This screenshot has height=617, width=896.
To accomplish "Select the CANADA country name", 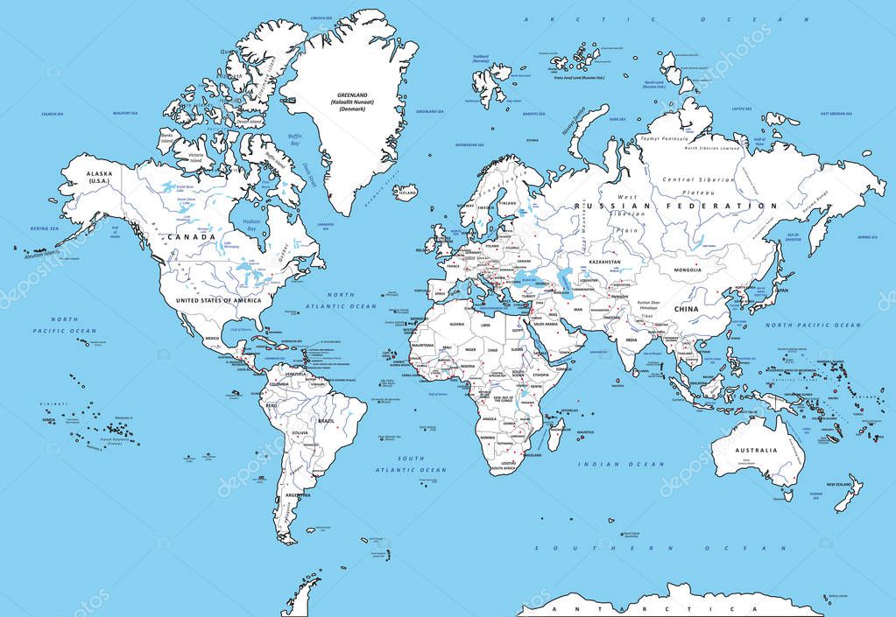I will tap(193, 237).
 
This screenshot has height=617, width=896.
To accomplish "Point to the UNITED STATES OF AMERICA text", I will tap(217, 300).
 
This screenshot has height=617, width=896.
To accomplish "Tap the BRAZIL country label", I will tap(326, 421).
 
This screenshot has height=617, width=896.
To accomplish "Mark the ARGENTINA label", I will tap(298, 495).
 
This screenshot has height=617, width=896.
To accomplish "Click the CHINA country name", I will tap(685, 309).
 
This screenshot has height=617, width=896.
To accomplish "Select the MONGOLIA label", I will tap(686, 270).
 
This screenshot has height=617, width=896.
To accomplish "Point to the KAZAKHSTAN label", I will tap(603, 262).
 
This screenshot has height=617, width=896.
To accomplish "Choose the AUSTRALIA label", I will tap(755, 451).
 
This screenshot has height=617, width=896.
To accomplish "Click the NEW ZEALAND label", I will tap(839, 484).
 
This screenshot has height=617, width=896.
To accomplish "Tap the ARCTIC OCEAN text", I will tap(665, 18).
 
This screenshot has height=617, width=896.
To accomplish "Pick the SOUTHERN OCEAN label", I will tap(660, 548).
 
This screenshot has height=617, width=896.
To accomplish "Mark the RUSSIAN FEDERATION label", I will tap(675, 206).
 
